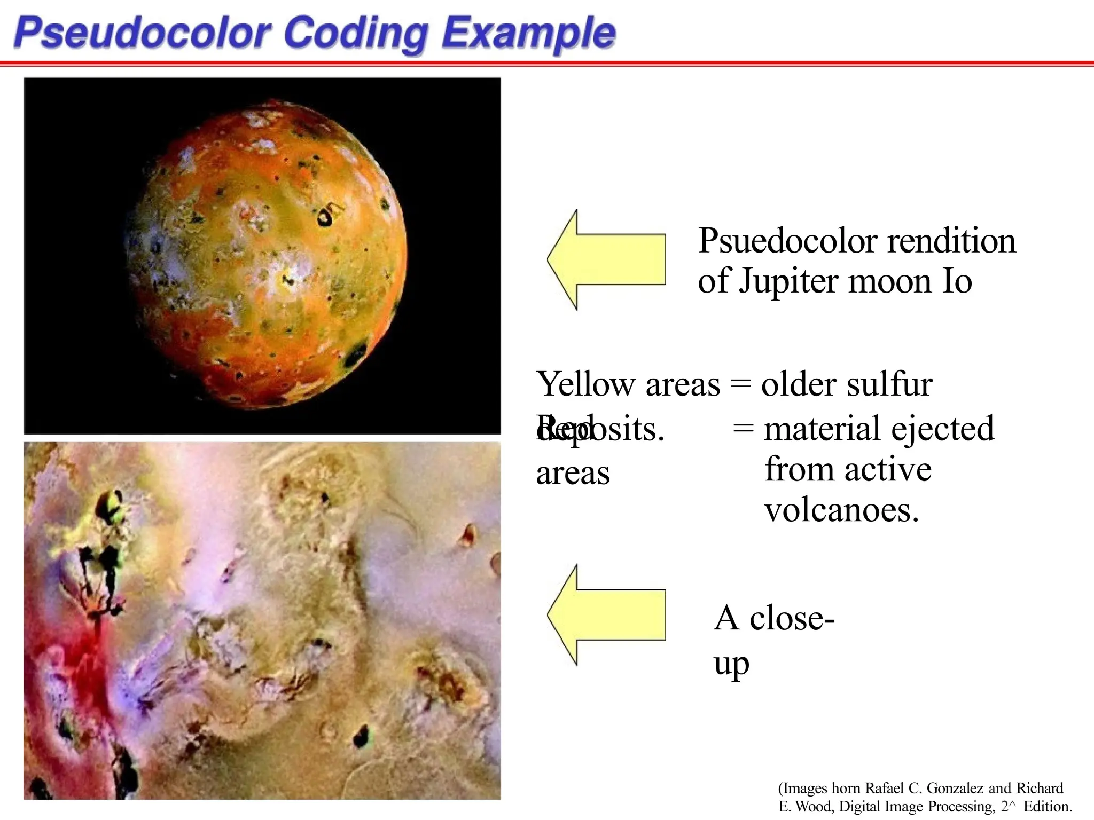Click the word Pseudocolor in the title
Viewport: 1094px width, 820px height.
click(144, 33)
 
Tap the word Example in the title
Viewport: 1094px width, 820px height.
click(528, 33)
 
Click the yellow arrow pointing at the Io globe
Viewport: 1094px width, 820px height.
click(606, 259)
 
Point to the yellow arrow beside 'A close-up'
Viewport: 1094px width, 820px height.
click(606, 615)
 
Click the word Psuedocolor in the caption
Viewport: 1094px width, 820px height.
click(788, 241)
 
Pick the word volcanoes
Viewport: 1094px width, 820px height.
click(842, 510)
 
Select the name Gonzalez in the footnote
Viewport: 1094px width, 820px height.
click(955, 789)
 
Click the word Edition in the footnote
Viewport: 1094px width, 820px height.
click(1046, 807)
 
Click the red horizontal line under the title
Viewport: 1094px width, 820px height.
click(547, 64)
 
